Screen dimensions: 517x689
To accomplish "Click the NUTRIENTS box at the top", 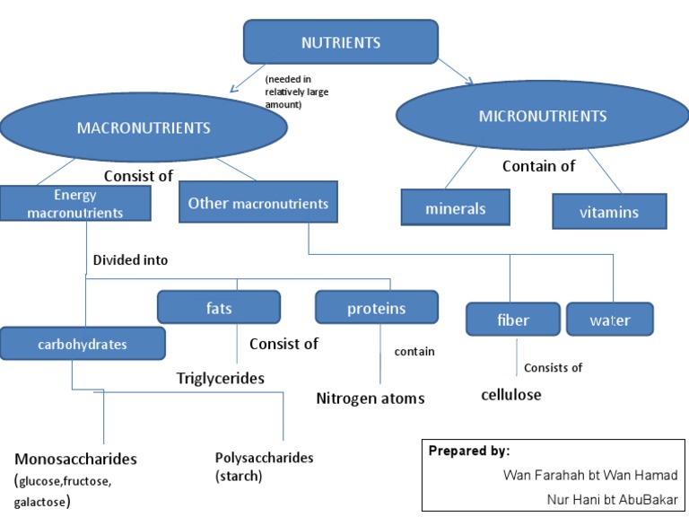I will pos(341,42).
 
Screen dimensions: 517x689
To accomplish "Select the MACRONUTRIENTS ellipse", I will pos(144,127).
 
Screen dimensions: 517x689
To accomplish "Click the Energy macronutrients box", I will pos(74,204).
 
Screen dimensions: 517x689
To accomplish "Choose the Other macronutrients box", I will pos(257,204).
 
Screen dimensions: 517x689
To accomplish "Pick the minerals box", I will pos(455,208).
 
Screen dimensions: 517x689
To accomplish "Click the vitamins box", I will pos(608,213).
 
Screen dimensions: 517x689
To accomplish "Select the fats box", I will pos(218,308).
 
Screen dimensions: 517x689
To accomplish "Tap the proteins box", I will pos(376,308).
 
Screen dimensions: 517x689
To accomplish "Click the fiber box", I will pos(512,320).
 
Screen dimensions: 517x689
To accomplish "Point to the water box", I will pos(609,320).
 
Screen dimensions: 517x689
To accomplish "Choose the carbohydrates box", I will pos(83,344).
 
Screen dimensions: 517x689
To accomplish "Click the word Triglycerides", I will pos(220,379).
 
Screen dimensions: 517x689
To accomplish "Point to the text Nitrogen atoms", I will pos(370,398).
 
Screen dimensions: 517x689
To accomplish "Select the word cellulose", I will pos(510,394).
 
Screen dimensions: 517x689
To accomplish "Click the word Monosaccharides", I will pos(75,459).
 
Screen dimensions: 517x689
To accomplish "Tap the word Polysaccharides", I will pos(264,458).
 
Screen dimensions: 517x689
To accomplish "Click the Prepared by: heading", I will pos(468,451).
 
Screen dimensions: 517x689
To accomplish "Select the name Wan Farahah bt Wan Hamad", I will pos(591,475).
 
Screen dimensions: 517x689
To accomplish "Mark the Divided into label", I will pos(130,260).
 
